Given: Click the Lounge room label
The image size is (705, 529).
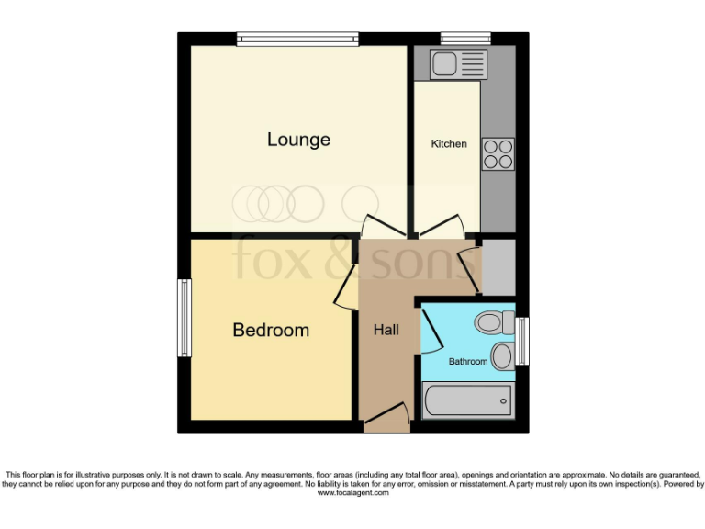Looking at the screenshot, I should click(x=298, y=140).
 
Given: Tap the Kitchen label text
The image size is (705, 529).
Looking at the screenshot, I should click(x=449, y=144).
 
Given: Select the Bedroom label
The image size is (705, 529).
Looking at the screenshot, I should click(x=271, y=330).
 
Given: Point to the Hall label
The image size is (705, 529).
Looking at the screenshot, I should click(x=386, y=330).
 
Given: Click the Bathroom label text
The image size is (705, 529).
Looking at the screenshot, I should click(x=467, y=362).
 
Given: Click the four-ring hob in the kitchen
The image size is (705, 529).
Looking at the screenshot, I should click(x=498, y=153).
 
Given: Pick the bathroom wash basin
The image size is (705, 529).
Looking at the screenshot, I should click(x=501, y=356).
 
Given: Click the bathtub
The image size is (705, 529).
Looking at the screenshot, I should click(x=467, y=400).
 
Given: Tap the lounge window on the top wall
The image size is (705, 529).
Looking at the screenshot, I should click(x=297, y=39).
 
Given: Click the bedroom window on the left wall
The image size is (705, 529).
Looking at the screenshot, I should click(x=185, y=318).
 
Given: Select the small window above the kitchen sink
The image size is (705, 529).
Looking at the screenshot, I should click(x=465, y=39).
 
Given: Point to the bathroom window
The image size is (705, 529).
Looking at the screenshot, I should click(x=522, y=340).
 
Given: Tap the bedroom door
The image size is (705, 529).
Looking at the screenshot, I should click(x=343, y=290).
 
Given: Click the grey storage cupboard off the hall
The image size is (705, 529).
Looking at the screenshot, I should click(x=498, y=267).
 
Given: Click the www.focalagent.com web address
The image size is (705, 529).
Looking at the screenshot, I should click(x=353, y=493).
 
